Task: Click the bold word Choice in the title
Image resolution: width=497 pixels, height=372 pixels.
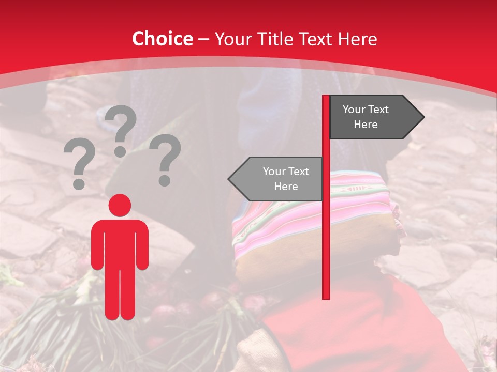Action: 162,39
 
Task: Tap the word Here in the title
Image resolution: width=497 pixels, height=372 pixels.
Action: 358,39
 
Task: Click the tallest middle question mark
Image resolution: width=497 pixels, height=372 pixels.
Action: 121,129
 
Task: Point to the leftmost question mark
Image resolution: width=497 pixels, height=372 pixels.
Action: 79,163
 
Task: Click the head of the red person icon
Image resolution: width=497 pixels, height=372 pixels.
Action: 120,205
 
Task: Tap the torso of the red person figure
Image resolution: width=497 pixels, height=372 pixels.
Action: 120,243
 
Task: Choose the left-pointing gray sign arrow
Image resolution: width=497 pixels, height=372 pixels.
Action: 277,179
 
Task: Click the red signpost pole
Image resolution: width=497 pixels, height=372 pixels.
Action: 326,233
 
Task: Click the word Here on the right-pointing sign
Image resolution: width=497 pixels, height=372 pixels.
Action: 366,125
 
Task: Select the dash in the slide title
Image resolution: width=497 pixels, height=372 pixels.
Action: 203,39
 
